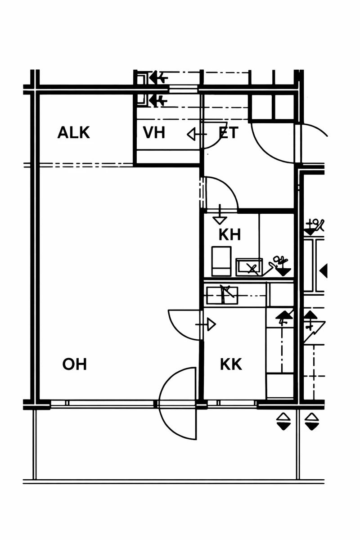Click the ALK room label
pyautogui.click(x=74, y=133)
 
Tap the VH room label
pyautogui.click(x=154, y=133)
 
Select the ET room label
pyautogui.click(x=228, y=133)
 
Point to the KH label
pyautogui.click(x=229, y=234)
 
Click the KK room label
pyautogui.click(x=231, y=364)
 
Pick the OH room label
pyautogui.click(x=75, y=364)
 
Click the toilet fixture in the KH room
pyautogui.click(x=221, y=261)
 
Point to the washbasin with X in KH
pyautogui.click(x=249, y=267)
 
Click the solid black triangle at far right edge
pyautogui.click(x=323, y=271)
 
